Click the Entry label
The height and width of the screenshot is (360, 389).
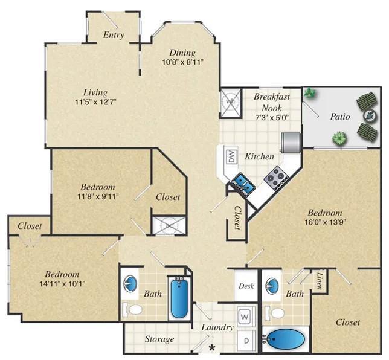coord(114,35)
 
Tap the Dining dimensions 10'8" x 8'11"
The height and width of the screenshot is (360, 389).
coord(182,62)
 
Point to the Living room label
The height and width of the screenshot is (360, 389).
coord(95,92)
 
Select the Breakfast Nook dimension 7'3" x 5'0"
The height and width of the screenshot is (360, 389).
coord(272,117)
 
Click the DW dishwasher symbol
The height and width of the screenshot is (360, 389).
coord(231,157)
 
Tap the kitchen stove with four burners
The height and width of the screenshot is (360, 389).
coord(277,178)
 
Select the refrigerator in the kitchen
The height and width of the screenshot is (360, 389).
coord(291,143)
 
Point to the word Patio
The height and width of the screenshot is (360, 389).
coord(340,117)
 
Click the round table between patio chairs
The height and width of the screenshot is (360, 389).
coord(370,115)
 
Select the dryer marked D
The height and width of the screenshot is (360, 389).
coord(246,341)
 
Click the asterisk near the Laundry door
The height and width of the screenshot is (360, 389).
coord(212,347)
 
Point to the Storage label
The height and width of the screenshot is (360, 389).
coord(159,339)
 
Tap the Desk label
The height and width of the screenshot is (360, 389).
coord(246,286)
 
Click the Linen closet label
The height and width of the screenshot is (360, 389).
coord(320,281)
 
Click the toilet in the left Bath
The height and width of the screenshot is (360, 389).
coord(132,309)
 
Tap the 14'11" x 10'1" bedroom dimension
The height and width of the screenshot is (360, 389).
coord(63,283)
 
